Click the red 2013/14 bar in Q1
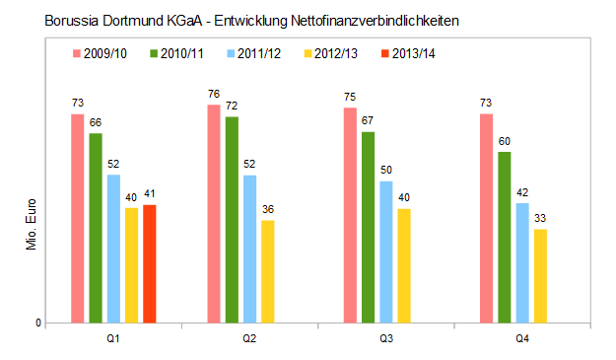pos(150,263)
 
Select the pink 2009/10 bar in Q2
pos(214,213)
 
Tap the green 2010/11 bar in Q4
pos(505,237)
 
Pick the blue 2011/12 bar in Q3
pos(384,252)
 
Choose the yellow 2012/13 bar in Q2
pos(268,271)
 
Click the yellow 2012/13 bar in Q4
pos(540,275)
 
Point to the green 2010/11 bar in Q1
pos(96,228)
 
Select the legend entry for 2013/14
pos(403,52)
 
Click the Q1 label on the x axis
pos(113,338)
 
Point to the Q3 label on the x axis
pos(386,338)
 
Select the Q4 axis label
pos(522,338)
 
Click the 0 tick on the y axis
pos(38,324)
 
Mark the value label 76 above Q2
pos(213,95)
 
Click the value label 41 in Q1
pos(150,194)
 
